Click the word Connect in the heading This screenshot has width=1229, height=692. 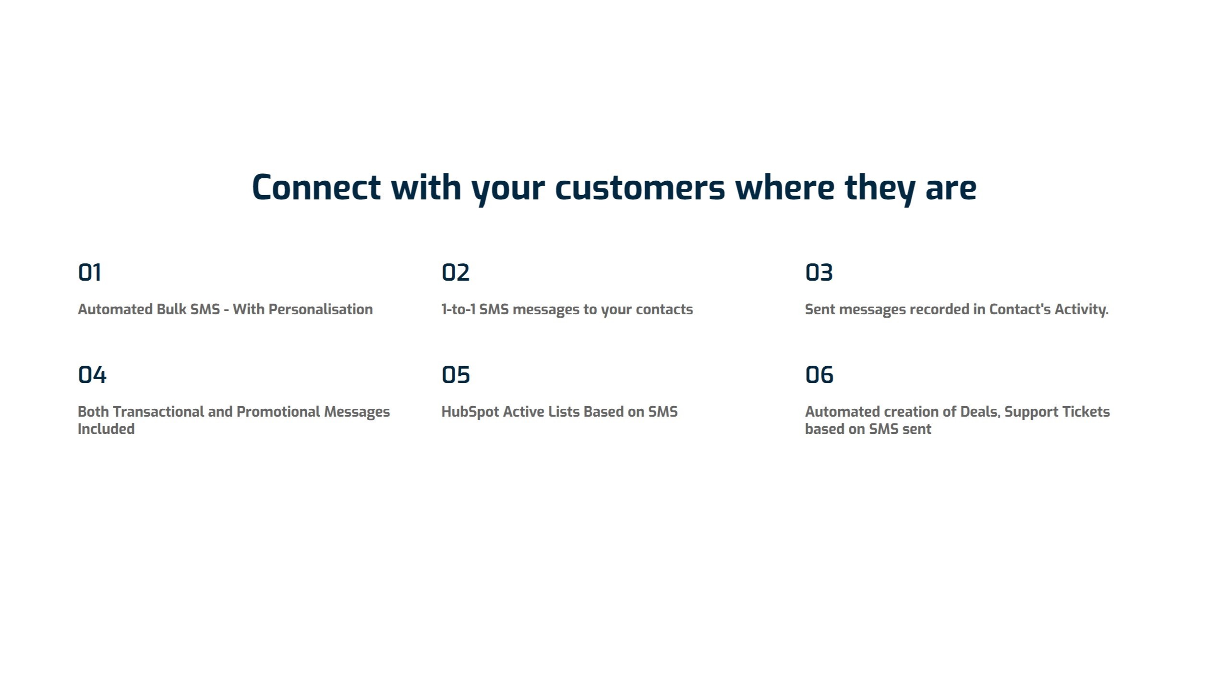(316, 187)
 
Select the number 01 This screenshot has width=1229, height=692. (90, 272)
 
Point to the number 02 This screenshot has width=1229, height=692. (456, 272)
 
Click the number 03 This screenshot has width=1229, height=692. (819, 272)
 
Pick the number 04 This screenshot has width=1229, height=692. (92, 375)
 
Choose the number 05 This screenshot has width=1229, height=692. (456, 375)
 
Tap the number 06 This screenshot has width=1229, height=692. (819, 375)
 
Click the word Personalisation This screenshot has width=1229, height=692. (321, 309)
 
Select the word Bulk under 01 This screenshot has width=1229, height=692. (171, 309)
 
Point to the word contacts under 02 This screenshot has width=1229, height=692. (664, 309)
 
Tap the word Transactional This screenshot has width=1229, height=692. (158, 412)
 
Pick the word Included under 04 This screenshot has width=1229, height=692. (106, 429)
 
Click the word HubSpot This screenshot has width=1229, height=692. (470, 412)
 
